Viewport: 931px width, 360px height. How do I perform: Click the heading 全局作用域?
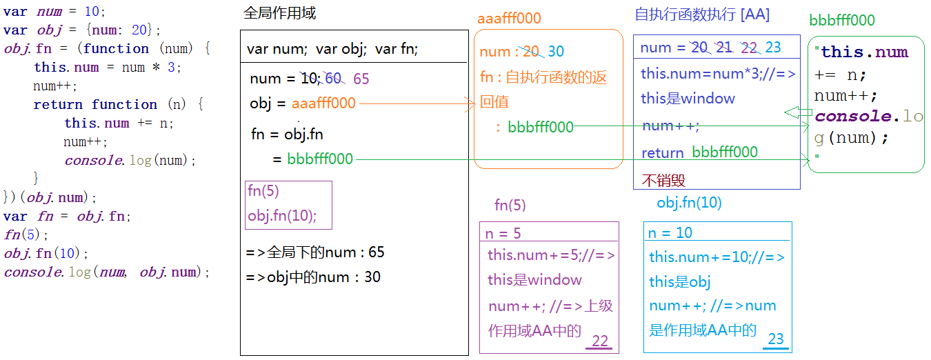coord(280,14)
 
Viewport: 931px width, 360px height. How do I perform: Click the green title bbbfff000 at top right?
coord(842,20)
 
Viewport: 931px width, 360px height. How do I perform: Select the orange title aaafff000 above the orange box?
coord(509,19)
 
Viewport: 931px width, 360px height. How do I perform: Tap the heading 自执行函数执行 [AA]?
coord(702,14)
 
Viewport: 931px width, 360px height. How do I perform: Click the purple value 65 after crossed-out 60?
coord(361,79)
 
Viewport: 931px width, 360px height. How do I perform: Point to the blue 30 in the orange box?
coord(556,52)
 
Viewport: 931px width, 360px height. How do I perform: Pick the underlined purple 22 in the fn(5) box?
coord(600,341)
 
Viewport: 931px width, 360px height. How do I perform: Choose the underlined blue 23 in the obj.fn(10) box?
coord(776,339)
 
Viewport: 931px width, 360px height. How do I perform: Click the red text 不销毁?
coord(663,180)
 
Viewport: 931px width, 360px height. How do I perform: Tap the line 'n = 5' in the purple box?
coord(503,233)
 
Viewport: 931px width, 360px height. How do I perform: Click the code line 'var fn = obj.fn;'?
coord(67,216)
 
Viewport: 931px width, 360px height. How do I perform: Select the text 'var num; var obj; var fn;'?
coord(332,50)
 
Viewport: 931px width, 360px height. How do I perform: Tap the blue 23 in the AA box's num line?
coord(773,48)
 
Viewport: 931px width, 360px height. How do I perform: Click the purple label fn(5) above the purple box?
coord(510,205)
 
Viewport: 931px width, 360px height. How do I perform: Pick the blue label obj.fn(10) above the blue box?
coord(689,203)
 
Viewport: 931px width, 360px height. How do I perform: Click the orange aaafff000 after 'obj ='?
coord(323,103)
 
